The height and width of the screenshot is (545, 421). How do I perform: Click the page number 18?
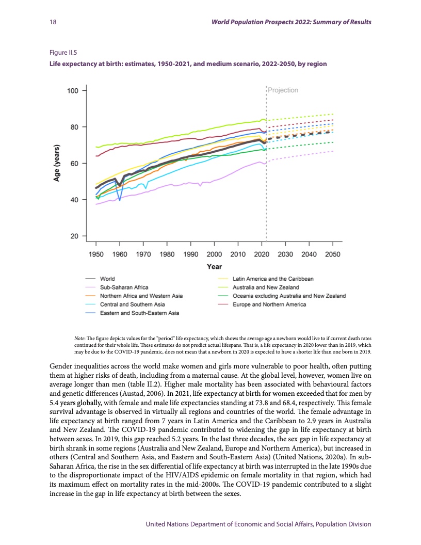pos(53,22)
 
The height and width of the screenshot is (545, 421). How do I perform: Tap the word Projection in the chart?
pos(283,90)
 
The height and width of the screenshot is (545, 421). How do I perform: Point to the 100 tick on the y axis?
pos(73,91)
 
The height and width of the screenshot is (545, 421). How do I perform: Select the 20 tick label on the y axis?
pos(74,236)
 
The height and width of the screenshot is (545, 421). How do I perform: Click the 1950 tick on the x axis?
pos(96,254)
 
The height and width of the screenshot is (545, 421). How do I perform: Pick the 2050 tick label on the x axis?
pos(333,254)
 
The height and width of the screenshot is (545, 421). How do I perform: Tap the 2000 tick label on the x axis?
pos(214,254)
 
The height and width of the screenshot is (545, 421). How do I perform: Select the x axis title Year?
pos(214,266)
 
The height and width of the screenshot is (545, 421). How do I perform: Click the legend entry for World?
pos(107,279)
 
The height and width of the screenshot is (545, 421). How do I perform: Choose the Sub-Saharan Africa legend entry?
pos(124,287)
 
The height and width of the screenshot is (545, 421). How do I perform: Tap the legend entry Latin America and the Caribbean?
pos(273,279)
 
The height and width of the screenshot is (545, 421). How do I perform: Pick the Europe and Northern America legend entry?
pos(269,304)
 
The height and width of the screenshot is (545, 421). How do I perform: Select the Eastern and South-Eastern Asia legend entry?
pos(139,313)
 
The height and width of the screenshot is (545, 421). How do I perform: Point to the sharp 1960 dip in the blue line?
pos(120,200)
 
